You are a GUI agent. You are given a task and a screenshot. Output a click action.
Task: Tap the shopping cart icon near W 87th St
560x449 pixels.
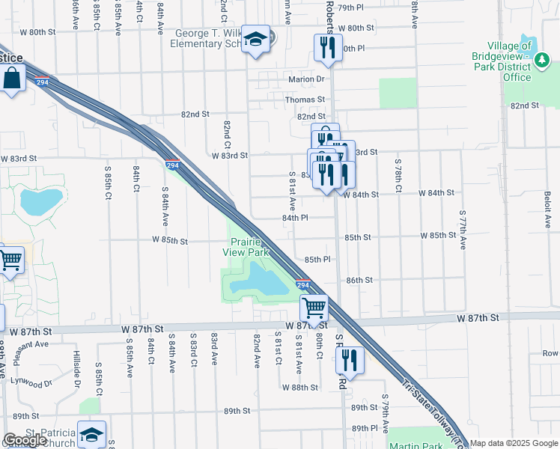[314, 306]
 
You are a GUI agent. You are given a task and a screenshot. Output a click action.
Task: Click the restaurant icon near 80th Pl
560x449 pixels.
[327, 48]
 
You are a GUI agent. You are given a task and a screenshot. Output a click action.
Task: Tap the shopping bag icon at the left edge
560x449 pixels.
[13, 78]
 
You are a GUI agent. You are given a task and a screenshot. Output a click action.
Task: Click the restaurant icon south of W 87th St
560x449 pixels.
[350, 360]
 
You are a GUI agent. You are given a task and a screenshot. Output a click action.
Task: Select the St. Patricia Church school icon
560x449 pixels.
[91, 435]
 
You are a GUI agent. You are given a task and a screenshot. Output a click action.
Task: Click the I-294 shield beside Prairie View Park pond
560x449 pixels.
[302, 285]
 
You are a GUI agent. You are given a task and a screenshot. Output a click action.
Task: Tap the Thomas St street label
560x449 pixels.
[305, 99]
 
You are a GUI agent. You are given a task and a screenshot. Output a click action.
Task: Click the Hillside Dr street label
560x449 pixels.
[76, 370]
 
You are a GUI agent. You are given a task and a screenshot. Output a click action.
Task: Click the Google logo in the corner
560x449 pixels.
[25, 440]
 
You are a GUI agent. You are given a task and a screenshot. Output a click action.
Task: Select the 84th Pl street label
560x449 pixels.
[295, 218]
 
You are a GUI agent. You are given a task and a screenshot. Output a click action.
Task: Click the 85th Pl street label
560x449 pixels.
[317, 260]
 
